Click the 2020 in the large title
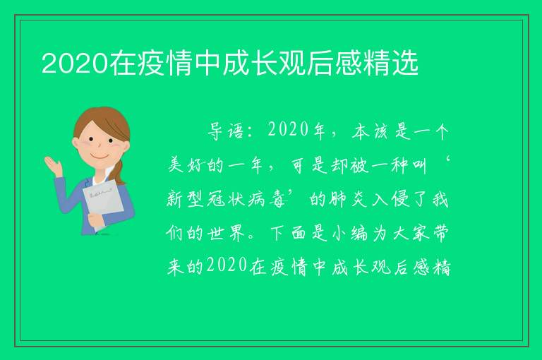coord(75,64)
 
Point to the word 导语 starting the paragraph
coord(226,131)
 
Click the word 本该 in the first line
coord(370,131)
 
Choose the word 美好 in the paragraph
coord(186,165)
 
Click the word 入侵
coord(390,199)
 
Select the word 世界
coord(227,234)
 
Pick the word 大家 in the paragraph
coord(411,234)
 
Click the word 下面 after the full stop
coord(288,234)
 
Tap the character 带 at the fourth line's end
coord(440,234)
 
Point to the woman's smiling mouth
coord(100,157)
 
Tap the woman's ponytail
coord(119,172)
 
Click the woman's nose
coord(100,145)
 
